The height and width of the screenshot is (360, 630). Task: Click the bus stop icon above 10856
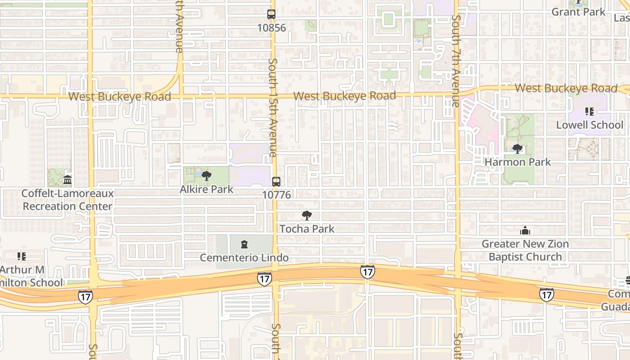[x=271, y=14]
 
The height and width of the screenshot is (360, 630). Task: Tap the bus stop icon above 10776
[x=276, y=182]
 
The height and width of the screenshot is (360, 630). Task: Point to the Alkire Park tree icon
[x=206, y=176]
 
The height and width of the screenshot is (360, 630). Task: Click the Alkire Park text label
[x=207, y=189]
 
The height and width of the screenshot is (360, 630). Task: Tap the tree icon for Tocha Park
[x=307, y=216]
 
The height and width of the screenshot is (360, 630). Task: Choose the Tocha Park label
[x=307, y=229]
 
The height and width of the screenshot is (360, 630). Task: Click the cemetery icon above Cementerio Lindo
[x=244, y=244]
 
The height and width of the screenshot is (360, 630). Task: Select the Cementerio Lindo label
[x=244, y=258]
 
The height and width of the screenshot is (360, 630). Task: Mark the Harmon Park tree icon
[x=517, y=149]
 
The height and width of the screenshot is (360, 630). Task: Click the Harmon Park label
[x=517, y=162]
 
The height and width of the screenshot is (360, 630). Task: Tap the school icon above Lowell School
[x=589, y=112]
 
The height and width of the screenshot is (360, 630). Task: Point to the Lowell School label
[x=589, y=125]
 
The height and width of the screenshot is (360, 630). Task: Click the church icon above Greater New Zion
[x=525, y=231]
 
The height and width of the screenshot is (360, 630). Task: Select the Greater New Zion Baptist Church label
[x=525, y=250]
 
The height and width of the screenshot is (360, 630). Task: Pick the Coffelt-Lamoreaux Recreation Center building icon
[x=67, y=180]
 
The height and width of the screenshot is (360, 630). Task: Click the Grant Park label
[x=578, y=12]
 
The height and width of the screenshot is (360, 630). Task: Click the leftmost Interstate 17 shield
[x=85, y=297]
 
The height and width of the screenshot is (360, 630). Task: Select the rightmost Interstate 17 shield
[x=546, y=295]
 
